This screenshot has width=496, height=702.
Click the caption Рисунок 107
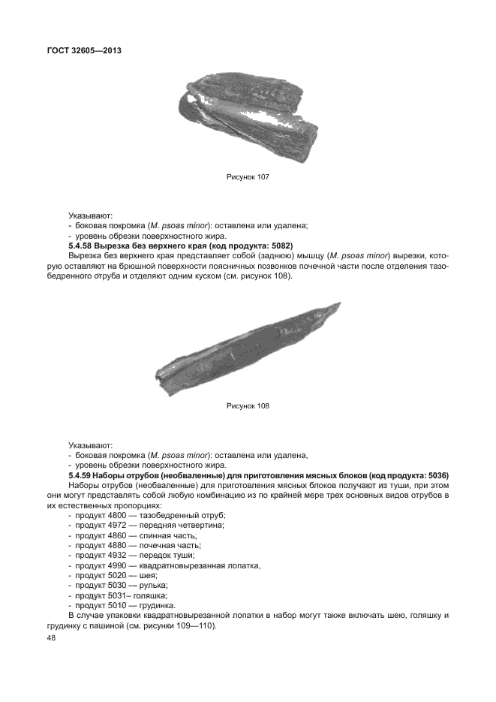point(248,177)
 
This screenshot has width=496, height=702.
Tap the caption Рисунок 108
point(248,406)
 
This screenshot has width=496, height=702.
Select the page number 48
point(51,637)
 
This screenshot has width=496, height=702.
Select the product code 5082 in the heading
point(279,246)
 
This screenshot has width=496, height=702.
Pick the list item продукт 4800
point(98,516)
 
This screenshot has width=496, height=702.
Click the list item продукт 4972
point(98,526)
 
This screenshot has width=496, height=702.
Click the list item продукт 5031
point(98,595)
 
